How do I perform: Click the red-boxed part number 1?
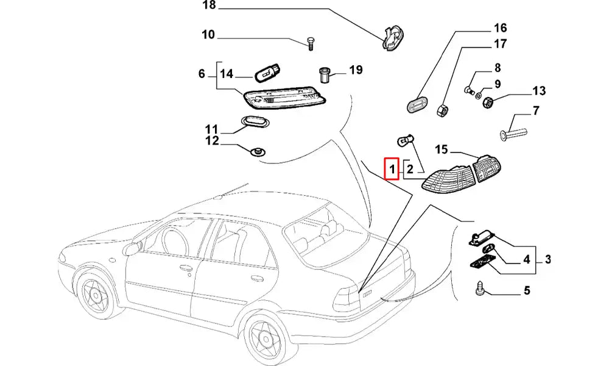click(392, 168)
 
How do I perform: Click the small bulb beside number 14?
click(266, 75)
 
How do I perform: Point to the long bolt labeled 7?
click(512, 131)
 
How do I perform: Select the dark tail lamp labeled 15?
click(487, 169)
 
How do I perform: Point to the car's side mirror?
click(130, 248)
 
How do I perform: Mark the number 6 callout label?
click(202, 74)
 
